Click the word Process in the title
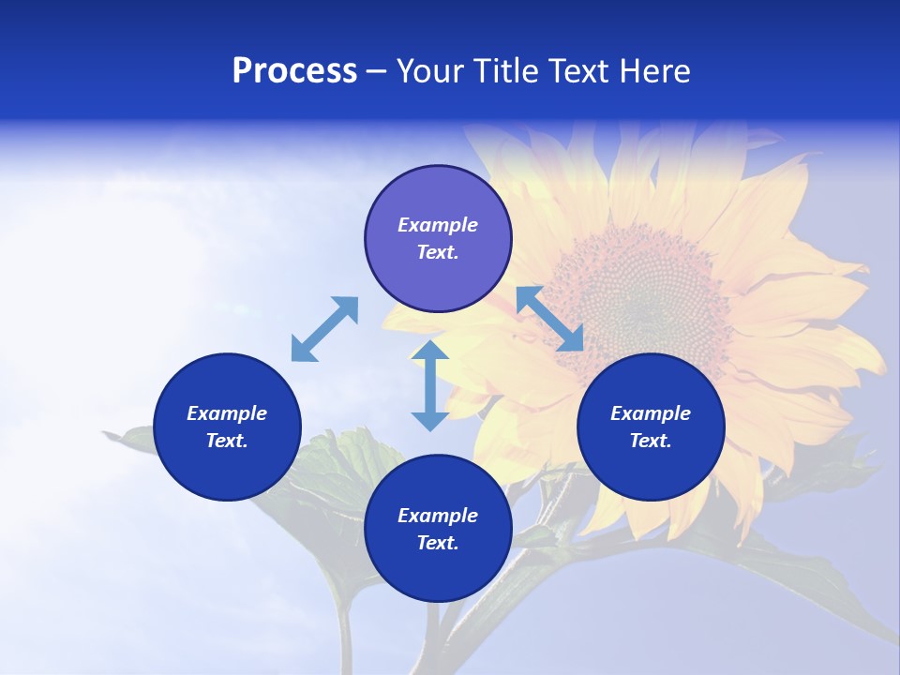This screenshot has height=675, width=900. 294,71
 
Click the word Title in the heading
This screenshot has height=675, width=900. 504,71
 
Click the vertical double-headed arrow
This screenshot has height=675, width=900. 430,385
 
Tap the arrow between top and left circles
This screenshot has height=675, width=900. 324,329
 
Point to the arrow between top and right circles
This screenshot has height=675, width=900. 550,319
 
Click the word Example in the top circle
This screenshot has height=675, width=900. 438,225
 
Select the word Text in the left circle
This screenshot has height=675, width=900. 227,441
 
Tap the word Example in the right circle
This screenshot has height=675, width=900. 651,413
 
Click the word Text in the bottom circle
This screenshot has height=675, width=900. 438,543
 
